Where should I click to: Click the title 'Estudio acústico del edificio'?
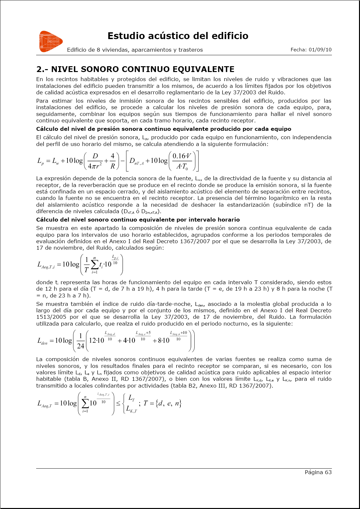[178, 36]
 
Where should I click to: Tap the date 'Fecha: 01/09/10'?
[311, 50]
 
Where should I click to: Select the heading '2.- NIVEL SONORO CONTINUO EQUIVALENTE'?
[135, 69]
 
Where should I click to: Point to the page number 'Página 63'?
[318, 472]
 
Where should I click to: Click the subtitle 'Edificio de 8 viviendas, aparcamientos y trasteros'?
[135, 50]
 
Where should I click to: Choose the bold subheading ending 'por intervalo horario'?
[138, 220]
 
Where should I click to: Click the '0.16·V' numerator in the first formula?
[182, 156]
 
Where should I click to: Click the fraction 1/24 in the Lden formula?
[80, 341]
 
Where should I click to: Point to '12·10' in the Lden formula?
[96, 340]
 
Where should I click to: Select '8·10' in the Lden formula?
[161, 340]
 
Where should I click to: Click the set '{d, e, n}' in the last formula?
[168, 403]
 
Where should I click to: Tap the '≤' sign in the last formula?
[118, 403]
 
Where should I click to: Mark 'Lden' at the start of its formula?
[42, 341]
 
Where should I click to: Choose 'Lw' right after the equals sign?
[56, 161]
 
